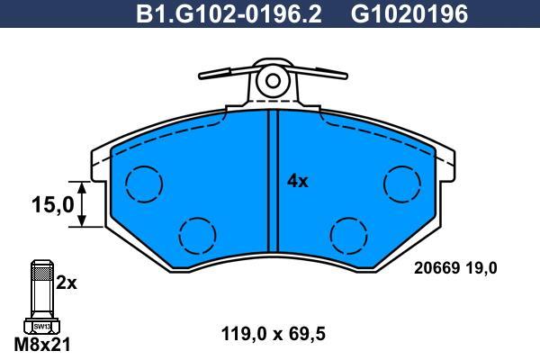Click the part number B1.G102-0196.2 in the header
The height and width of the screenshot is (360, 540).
click(229, 14)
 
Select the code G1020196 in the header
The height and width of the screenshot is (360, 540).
click(409, 14)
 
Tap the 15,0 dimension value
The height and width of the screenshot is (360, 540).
click(53, 204)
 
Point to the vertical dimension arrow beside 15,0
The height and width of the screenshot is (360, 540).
click(82, 204)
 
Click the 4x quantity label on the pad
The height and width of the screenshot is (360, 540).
click(298, 181)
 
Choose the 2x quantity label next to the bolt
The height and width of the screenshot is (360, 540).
click(66, 283)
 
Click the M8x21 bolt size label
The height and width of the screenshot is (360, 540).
click(42, 344)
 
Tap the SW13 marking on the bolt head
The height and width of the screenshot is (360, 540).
click(42, 326)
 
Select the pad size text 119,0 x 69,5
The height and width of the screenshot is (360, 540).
click(273, 334)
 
